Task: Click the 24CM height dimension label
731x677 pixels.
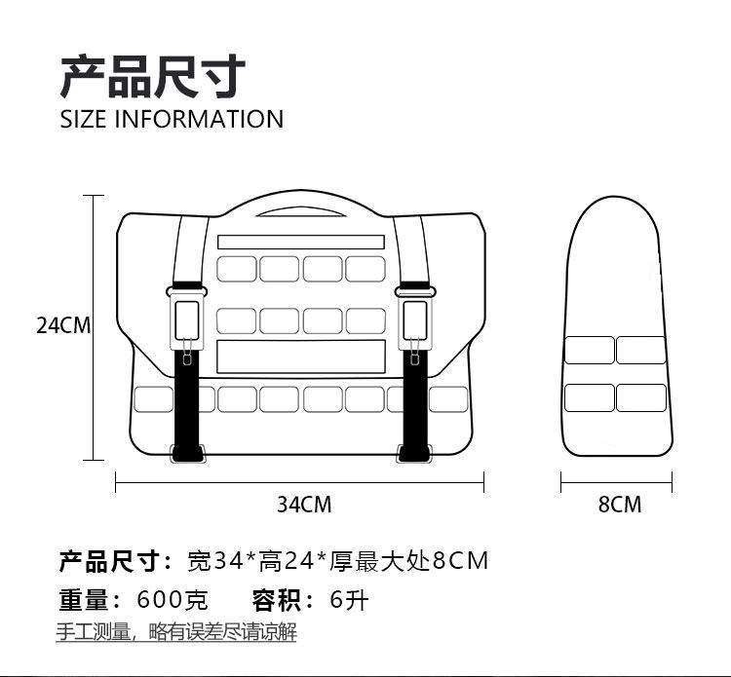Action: click(x=63, y=325)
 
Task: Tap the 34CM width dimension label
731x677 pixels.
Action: click(x=304, y=505)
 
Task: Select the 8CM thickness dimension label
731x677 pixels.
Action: click(x=620, y=505)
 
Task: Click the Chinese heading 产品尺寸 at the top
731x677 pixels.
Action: click(x=153, y=77)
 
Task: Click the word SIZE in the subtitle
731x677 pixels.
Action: click(x=84, y=120)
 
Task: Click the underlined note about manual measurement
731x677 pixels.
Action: click(x=175, y=632)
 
